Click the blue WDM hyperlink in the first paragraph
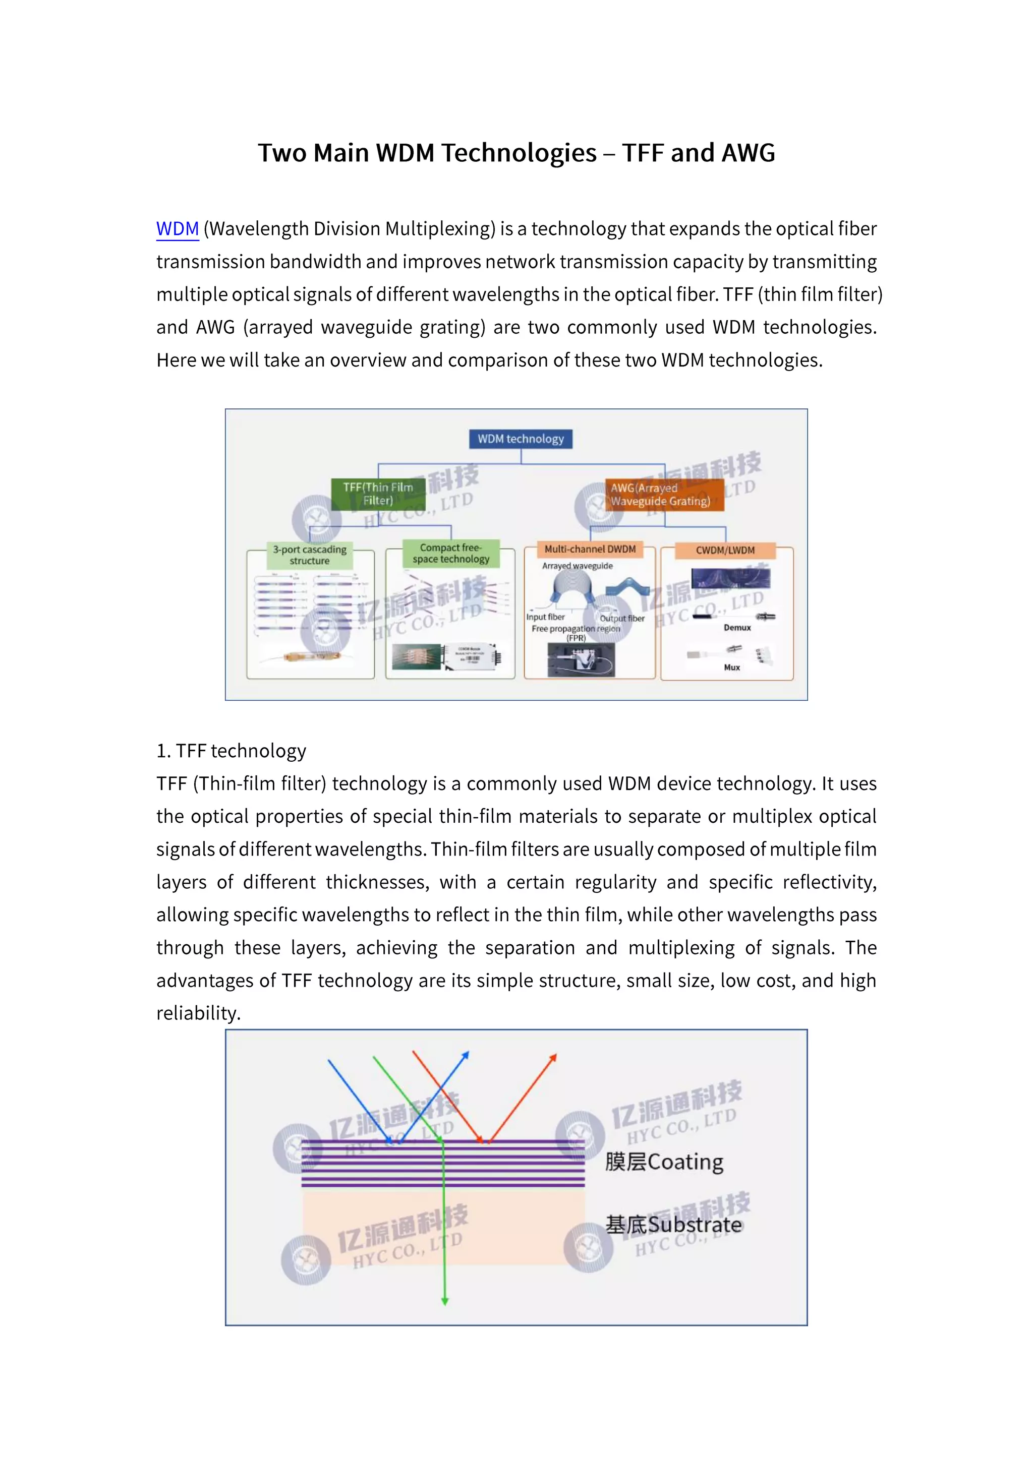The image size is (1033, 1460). click(178, 229)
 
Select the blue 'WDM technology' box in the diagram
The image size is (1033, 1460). click(521, 439)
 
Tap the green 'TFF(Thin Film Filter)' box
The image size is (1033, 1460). click(378, 494)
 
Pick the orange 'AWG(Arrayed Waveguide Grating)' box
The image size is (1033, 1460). click(663, 495)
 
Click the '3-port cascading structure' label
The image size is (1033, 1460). click(310, 555)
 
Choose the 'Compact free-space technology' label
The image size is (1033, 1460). click(451, 553)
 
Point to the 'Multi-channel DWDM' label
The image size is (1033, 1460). click(590, 550)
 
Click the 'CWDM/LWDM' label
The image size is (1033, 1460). click(725, 550)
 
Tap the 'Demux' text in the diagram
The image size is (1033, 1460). click(737, 628)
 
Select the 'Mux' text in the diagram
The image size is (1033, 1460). click(731, 667)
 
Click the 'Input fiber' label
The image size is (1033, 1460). click(545, 617)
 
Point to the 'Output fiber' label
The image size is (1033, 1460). click(622, 618)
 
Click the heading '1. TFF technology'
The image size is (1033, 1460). click(232, 751)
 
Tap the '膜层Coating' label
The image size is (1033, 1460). click(664, 1162)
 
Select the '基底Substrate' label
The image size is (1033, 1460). click(673, 1225)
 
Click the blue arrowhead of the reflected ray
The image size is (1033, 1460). click(466, 1056)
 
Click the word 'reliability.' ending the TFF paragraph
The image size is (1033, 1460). click(198, 1013)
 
